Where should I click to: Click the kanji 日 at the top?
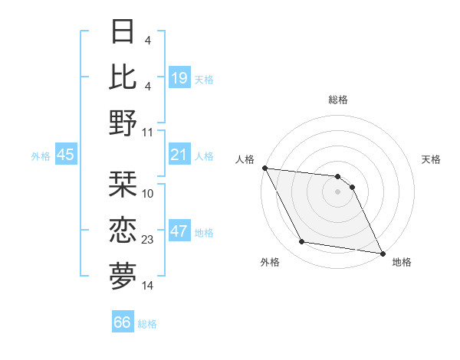pyautogui.click(x=123, y=32)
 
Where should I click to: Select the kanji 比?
pyautogui.click(x=123, y=77)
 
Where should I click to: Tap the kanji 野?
pyautogui.click(x=123, y=123)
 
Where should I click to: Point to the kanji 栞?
pyautogui.click(x=123, y=185)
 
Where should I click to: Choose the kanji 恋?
pyautogui.click(x=123, y=231)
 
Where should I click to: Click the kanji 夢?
pyautogui.click(x=123, y=277)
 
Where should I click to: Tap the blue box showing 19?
pyautogui.click(x=179, y=78)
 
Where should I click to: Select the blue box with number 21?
pyautogui.click(x=179, y=155)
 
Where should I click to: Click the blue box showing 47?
pyautogui.click(x=179, y=231)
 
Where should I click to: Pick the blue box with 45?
pyautogui.click(x=65, y=155)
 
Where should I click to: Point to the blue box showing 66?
pyautogui.click(x=122, y=322)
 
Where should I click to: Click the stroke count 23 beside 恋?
pyautogui.click(x=148, y=240)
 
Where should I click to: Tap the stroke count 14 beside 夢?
pyautogui.click(x=148, y=286)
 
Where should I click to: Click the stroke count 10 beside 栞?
pyautogui.click(x=148, y=194)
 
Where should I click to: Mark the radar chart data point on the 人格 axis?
pyautogui.click(x=264, y=168)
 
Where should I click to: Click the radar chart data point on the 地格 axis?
pyautogui.click(x=382, y=253)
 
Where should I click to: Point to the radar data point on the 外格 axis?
pyautogui.click(x=302, y=242)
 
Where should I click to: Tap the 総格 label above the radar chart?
pyautogui.click(x=338, y=100)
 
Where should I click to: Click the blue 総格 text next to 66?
pyautogui.click(x=148, y=324)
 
